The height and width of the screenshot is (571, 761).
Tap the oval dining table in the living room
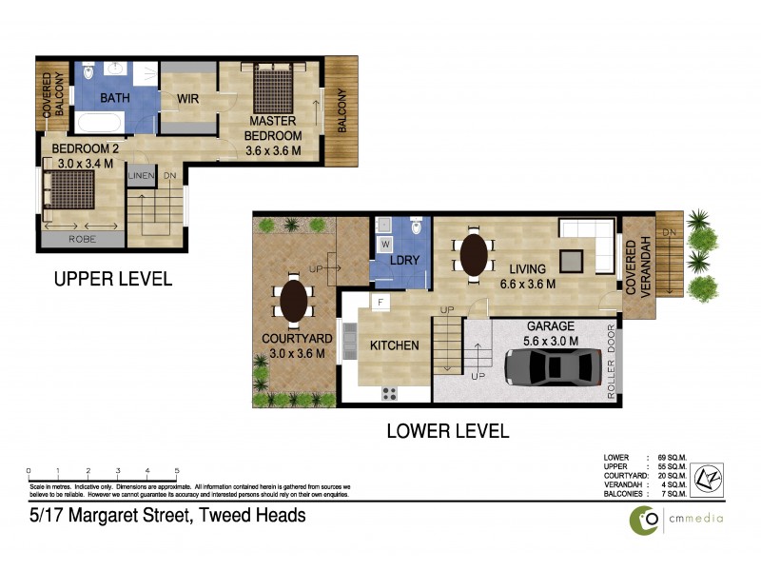click(473, 255)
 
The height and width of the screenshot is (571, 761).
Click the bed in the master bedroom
click(275, 90)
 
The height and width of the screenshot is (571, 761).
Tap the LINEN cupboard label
click(141, 177)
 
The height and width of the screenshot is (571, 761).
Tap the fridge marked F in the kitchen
click(380, 304)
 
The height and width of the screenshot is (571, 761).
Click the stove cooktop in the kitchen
click(390, 391)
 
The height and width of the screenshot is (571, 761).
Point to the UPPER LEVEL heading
click(112, 279)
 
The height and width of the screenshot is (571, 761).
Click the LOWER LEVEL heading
click(446, 430)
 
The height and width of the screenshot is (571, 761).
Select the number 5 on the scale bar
click(177, 471)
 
